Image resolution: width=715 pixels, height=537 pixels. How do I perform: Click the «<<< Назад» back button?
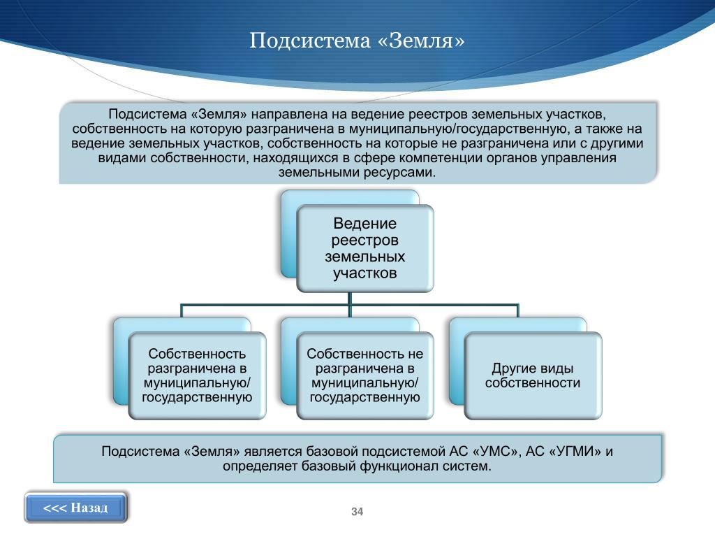76,508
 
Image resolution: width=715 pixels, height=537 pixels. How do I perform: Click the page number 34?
357,513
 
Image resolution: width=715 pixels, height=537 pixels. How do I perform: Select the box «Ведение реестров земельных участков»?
365,248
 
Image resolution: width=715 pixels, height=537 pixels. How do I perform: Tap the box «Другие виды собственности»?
533,375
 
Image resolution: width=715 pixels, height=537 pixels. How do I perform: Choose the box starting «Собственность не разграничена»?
365,375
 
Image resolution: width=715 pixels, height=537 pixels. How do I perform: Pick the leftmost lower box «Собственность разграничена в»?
197,375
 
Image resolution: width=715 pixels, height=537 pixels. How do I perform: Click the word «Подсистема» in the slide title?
309,41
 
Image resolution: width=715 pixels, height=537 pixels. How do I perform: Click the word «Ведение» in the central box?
365,224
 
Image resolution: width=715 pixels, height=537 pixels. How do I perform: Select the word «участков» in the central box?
365,273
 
